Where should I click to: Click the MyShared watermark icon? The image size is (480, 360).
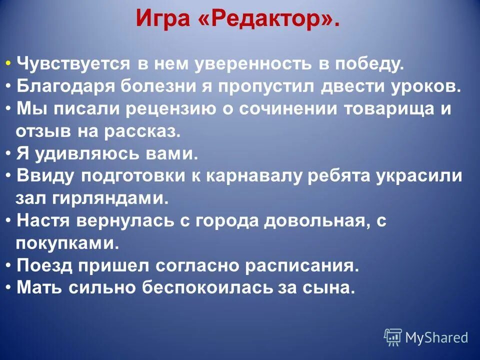coord(393,337)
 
